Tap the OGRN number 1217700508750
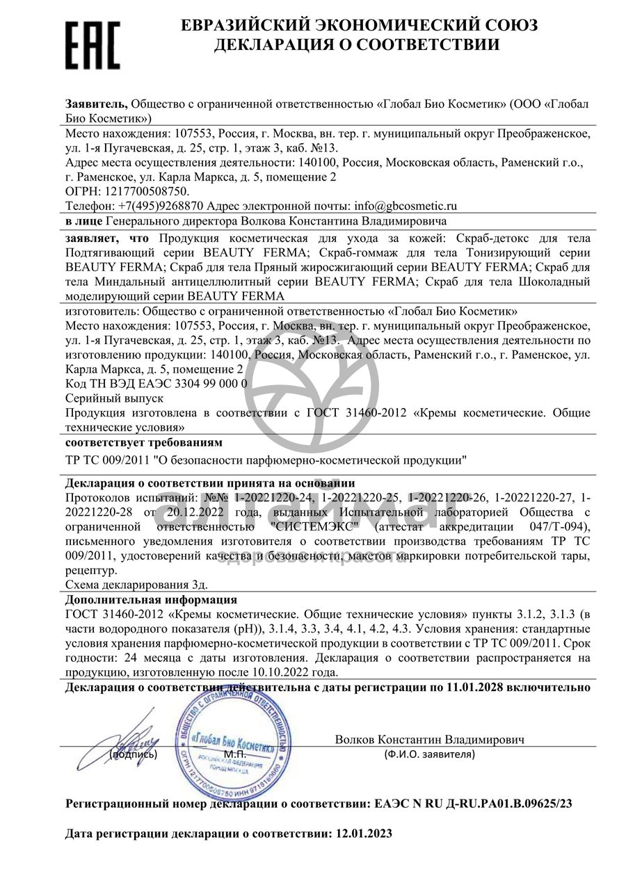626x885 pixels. [146, 190]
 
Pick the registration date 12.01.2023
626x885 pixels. [364, 833]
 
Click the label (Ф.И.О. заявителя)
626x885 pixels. [429, 754]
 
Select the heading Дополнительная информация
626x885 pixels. [151, 599]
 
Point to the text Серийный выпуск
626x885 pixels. [114, 398]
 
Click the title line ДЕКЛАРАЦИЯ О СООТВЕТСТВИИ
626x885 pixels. [356, 46]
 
